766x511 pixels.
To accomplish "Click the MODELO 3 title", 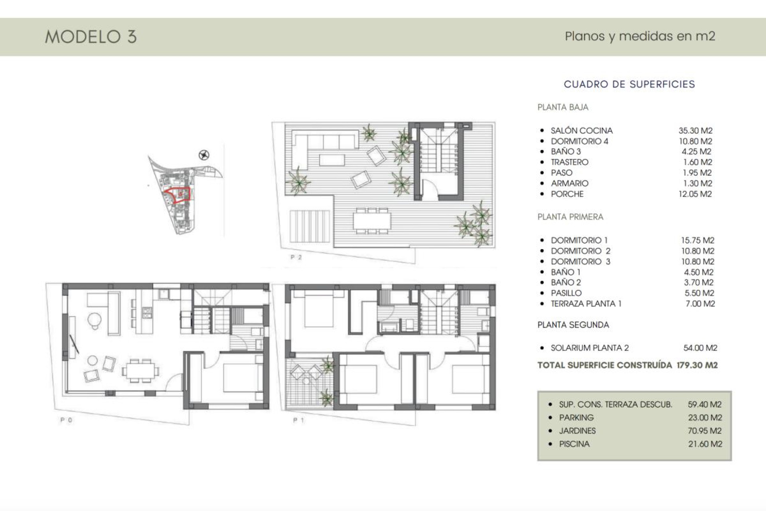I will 91,37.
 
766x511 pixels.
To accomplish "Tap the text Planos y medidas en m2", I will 640,36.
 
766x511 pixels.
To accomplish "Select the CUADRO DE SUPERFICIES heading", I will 629,84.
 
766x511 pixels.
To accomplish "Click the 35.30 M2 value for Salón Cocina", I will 695,131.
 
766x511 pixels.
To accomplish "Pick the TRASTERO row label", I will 569,162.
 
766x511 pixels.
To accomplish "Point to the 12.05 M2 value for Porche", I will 695,194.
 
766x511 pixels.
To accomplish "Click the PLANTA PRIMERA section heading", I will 570,217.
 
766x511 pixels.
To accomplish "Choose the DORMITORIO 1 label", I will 579,240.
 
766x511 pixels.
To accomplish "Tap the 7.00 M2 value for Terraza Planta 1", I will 700,304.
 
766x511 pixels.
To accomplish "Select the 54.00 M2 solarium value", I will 700,348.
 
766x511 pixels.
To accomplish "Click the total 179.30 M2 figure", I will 697,365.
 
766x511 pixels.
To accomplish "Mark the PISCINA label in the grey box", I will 574,444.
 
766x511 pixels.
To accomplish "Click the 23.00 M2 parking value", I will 705,418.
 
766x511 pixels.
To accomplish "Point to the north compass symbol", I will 204,155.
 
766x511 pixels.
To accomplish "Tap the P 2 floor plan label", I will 296,257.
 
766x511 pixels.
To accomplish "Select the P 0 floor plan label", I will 66,420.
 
